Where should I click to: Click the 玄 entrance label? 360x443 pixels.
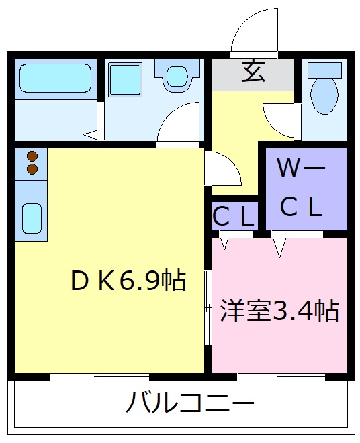[253, 72]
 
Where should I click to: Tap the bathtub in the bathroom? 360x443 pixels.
[55, 79]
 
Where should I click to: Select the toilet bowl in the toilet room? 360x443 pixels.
[324, 95]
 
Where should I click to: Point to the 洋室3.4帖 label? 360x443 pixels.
[279, 311]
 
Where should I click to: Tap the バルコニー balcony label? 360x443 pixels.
[190, 404]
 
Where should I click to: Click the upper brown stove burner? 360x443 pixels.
[32, 156]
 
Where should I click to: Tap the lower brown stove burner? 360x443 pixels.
[32, 169]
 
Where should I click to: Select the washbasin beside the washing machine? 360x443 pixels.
[178, 76]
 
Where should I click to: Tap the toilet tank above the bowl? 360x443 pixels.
[324, 69]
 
